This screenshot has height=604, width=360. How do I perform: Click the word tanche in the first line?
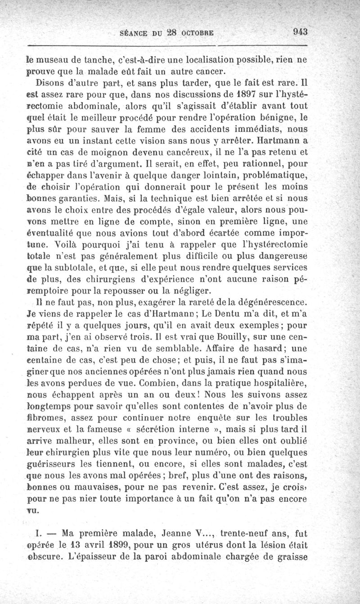point(90,59)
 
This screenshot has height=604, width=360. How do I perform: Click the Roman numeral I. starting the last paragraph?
point(38,534)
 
